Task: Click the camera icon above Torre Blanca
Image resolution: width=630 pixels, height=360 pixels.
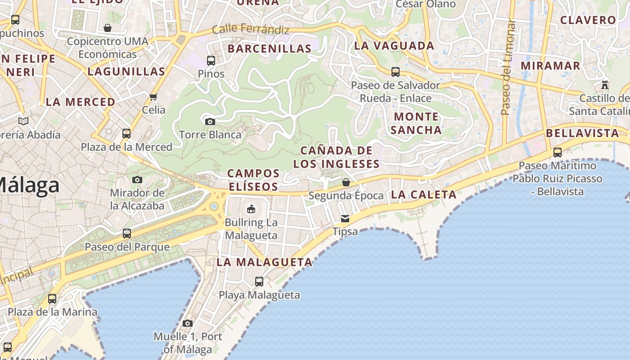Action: [x=210, y=121]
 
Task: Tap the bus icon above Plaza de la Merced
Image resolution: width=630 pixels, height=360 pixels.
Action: [x=126, y=134]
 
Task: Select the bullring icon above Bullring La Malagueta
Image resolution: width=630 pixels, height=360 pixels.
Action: [x=251, y=209]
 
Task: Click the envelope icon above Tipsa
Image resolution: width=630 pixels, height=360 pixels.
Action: [x=345, y=219]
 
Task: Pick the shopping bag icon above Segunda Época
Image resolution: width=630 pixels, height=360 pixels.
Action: [x=346, y=182]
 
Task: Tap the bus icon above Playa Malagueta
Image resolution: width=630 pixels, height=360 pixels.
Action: [x=259, y=282]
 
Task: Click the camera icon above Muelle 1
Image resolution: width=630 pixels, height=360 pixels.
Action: [x=188, y=323]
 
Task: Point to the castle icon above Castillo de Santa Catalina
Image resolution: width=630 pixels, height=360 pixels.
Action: [x=605, y=85]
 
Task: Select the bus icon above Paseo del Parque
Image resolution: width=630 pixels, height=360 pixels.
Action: [x=127, y=234]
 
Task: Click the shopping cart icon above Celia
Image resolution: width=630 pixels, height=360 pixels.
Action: [x=153, y=97]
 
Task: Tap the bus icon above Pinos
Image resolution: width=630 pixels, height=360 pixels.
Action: [x=211, y=60]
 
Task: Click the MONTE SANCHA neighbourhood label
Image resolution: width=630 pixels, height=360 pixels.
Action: [x=416, y=123]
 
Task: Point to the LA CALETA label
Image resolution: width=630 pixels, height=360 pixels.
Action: [x=424, y=194]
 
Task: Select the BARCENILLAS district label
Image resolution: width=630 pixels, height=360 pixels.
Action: [x=270, y=49]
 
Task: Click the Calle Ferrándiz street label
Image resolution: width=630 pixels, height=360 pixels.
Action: [x=250, y=30]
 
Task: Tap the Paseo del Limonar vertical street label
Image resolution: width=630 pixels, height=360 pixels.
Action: [x=508, y=67]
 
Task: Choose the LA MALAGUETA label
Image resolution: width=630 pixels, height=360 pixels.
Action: [x=265, y=262]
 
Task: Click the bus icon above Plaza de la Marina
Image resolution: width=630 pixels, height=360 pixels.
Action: [x=52, y=299]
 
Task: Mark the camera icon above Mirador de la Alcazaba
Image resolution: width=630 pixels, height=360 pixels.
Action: [x=137, y=180]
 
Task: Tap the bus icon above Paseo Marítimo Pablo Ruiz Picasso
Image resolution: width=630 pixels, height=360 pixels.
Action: [x=558, y=153]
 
